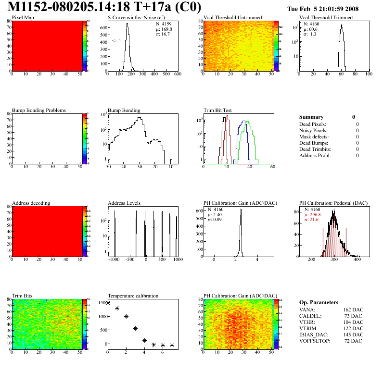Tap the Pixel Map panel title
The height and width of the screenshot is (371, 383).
23,18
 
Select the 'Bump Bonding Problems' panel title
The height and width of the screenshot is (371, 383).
38,110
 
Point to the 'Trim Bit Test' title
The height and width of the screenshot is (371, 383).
218,110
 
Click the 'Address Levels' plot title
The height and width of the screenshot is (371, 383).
124,203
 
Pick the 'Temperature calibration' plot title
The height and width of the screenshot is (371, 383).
133,296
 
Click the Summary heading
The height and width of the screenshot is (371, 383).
311,117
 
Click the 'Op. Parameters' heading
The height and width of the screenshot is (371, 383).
319,302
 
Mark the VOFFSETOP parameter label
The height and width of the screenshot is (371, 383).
315,340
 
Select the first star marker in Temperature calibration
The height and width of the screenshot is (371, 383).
108,303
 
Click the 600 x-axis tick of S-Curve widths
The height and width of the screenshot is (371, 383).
177,74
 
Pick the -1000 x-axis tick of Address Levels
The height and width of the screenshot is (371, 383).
114,259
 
